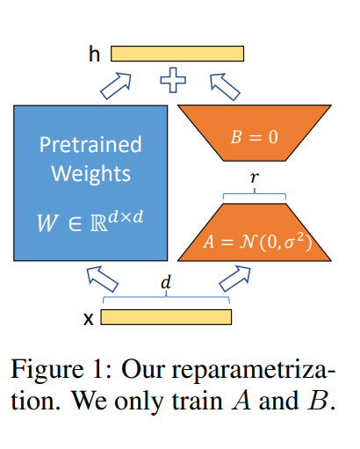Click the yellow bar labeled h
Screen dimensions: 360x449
point(177,54)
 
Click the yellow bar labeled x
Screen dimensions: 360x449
point(166,317)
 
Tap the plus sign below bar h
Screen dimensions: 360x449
point(173,80)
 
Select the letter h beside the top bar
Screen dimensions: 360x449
point(94,54)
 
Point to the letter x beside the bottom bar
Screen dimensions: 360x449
point(88,319)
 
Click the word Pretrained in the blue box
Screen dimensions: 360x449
point(90,144)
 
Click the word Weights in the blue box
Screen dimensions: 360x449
point(91,174)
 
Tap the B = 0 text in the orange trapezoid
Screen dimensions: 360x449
point(254,137)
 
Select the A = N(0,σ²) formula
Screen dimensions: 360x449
point(257,242)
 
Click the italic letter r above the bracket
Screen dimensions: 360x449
point(255,177)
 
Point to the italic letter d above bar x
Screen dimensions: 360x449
point(166,283)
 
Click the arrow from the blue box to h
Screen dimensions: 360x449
point(116,86)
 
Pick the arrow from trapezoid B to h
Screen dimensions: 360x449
point(225,87)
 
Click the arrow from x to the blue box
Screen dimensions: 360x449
point(103,279)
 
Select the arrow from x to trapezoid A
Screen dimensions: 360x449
point(234,279)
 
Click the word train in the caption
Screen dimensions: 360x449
point(197,401)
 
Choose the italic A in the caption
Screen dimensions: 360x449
point(241,400)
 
